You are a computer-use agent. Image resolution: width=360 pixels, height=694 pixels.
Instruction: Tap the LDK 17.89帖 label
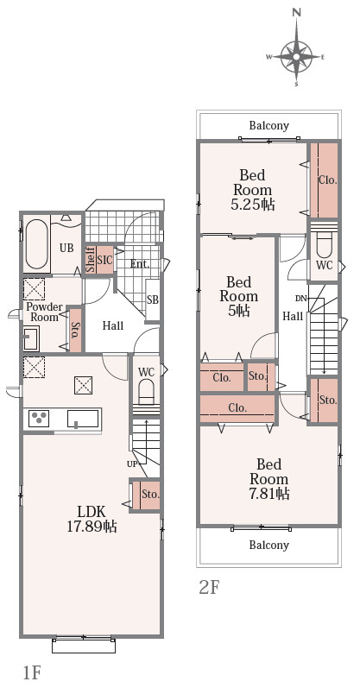(x=92, y=519)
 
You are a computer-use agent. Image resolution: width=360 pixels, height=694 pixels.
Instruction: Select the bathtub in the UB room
(x=36, y=245)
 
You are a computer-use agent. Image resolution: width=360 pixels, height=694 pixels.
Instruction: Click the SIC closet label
(x=105, y=259)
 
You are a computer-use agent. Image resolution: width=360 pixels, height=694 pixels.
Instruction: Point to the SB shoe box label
(x=153, y=300)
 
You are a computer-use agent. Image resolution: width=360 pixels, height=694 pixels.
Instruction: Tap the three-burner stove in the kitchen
(x=39, y=419)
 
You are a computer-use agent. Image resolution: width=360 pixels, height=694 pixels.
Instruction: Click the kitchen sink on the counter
(x=83, y=419)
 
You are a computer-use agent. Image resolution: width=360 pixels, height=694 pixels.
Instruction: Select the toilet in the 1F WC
(x=146, y=391)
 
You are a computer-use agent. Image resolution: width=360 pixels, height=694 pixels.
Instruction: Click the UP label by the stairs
(x=132, y=464)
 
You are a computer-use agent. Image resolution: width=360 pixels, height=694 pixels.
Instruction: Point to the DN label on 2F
(x=301, y=299)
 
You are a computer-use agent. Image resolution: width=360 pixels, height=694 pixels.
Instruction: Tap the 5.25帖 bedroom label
(x=253, y=190)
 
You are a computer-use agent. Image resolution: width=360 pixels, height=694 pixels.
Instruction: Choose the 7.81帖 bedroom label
(x=269, y=479)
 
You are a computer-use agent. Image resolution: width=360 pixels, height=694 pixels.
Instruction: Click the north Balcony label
(x=269, y=126)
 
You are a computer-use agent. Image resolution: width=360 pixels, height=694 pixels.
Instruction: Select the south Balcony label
(x=269, y=545)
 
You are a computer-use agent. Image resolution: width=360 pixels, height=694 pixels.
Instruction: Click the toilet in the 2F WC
(x=325, y=246)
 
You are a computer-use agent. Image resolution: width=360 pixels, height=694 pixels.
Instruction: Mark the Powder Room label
(x=44, y=312)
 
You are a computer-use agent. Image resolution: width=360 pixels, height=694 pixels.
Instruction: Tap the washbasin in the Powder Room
(x=31, y=338)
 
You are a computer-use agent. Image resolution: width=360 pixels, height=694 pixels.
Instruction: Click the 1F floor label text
(x=32, y=672)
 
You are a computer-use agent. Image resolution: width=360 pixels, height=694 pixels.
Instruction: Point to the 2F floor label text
(x=210, y=588)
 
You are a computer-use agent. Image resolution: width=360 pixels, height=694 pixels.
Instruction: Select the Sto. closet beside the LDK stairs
(x=145, y=495)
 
